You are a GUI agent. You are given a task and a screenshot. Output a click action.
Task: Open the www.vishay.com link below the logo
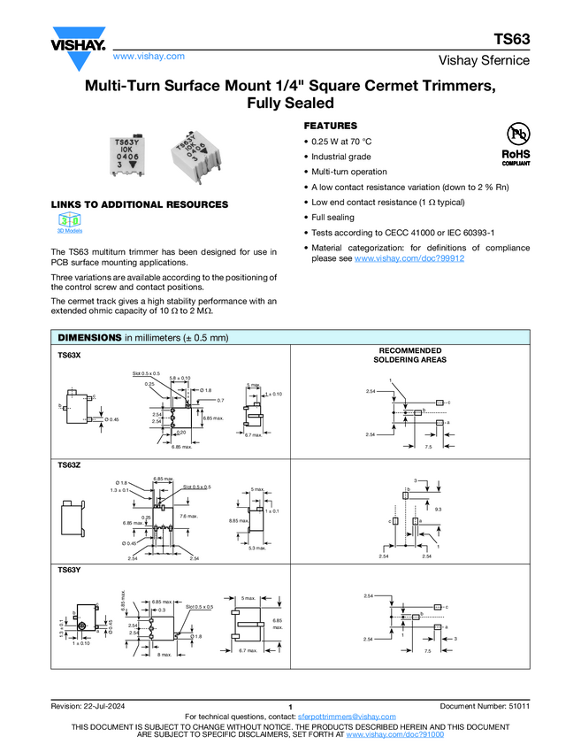[149, 56]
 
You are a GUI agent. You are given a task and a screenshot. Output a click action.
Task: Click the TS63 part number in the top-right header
[513, 39]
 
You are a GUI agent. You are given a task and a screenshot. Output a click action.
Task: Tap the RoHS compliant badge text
[516, 157]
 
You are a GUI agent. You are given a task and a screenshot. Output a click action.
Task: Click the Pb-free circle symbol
[516, 134]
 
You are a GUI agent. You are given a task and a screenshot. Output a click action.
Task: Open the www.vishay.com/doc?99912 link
[409, 258]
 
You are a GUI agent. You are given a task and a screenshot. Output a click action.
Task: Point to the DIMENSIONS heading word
[88, 338]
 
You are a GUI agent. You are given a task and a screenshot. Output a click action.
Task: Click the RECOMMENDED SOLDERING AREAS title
[409, 356]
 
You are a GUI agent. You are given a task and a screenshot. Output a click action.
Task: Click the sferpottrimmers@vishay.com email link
[347, 716]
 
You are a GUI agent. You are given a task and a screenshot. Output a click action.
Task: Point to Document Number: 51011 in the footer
[485, 705]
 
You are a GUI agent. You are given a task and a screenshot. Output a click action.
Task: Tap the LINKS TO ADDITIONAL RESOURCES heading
[139, 204]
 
